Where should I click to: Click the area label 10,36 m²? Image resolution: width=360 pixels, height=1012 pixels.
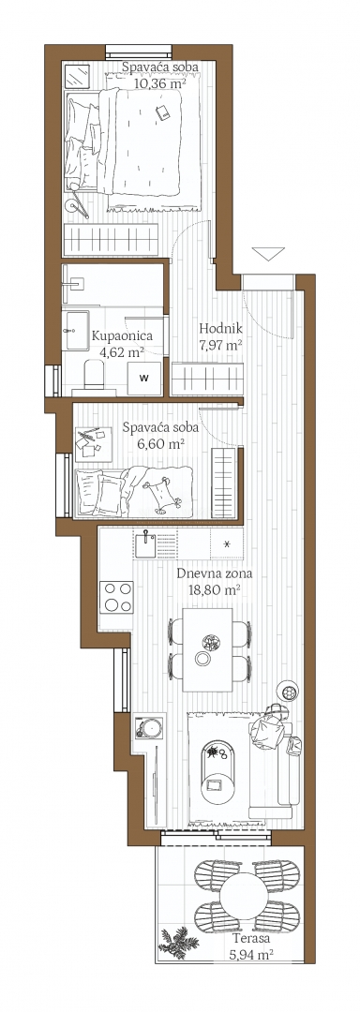click(160, 82)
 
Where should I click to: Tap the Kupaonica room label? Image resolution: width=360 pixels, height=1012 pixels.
click(122, 335)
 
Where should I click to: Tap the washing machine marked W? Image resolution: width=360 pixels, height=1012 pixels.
click(144, 378)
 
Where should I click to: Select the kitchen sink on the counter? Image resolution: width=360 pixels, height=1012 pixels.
click(145, 544)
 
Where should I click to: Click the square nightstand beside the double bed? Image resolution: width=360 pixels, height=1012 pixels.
click(78, 78)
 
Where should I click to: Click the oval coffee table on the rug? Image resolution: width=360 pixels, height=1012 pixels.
click(217, 769)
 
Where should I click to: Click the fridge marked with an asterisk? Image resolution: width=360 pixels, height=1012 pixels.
click(227, 544)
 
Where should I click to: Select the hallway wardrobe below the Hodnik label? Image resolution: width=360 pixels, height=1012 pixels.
click(207, 377)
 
